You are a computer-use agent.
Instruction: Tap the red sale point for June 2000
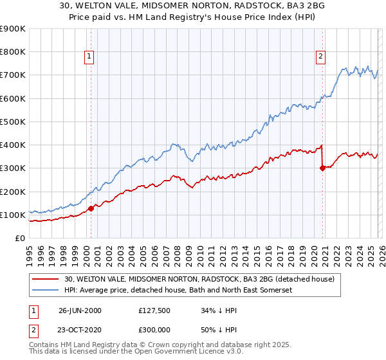point(91,208)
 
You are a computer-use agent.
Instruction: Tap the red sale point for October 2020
point(322,168)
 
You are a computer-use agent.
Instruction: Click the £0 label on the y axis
point(21,239)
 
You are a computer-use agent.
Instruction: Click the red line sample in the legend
point(46,280)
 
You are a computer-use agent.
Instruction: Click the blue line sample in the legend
point(46,291)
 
